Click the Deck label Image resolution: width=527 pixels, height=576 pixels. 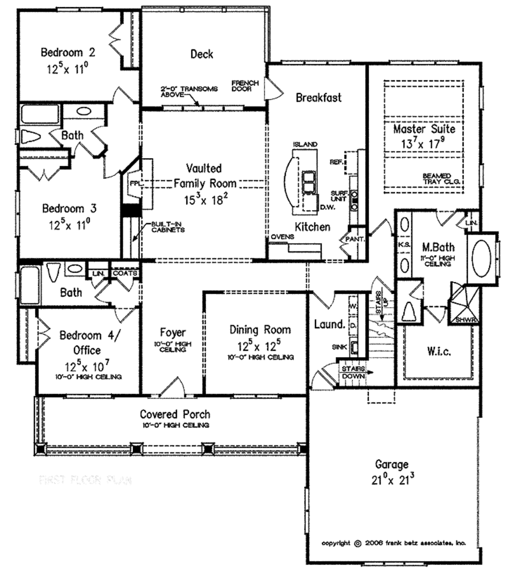tap(202, 54)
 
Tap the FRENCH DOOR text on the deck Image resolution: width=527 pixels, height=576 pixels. tap(244, 86)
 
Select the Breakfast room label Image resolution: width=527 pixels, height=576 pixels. tap(318, 97)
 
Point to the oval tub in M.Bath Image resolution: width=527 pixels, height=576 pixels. tap(482, 258)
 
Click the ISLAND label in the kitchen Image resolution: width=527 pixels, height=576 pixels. tap(305, 145)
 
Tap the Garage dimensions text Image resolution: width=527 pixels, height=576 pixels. tap(392, 480)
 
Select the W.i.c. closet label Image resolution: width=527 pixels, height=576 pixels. tap(439, 352)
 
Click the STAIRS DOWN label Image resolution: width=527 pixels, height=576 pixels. tap(352, 372)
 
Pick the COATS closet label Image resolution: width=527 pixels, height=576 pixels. tap(125, 274)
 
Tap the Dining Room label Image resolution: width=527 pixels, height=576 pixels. tap(260, 330)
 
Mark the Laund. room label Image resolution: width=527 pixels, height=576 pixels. tap(329, 324)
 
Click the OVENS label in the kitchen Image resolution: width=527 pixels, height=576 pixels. tap(283, 237)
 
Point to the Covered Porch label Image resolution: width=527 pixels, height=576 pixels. tap(175, 414)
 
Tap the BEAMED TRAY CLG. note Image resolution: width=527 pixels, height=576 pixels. tap(441, 179)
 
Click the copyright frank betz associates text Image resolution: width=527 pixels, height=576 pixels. tap(394, 543)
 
